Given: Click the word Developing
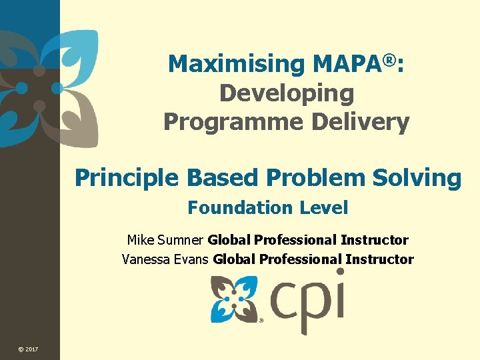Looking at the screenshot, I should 287,94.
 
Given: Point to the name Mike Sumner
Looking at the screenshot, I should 165,240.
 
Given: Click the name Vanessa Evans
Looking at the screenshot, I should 165,259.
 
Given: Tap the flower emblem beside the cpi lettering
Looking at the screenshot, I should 234,299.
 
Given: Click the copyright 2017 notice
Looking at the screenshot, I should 28,349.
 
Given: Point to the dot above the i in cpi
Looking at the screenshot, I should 340,272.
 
